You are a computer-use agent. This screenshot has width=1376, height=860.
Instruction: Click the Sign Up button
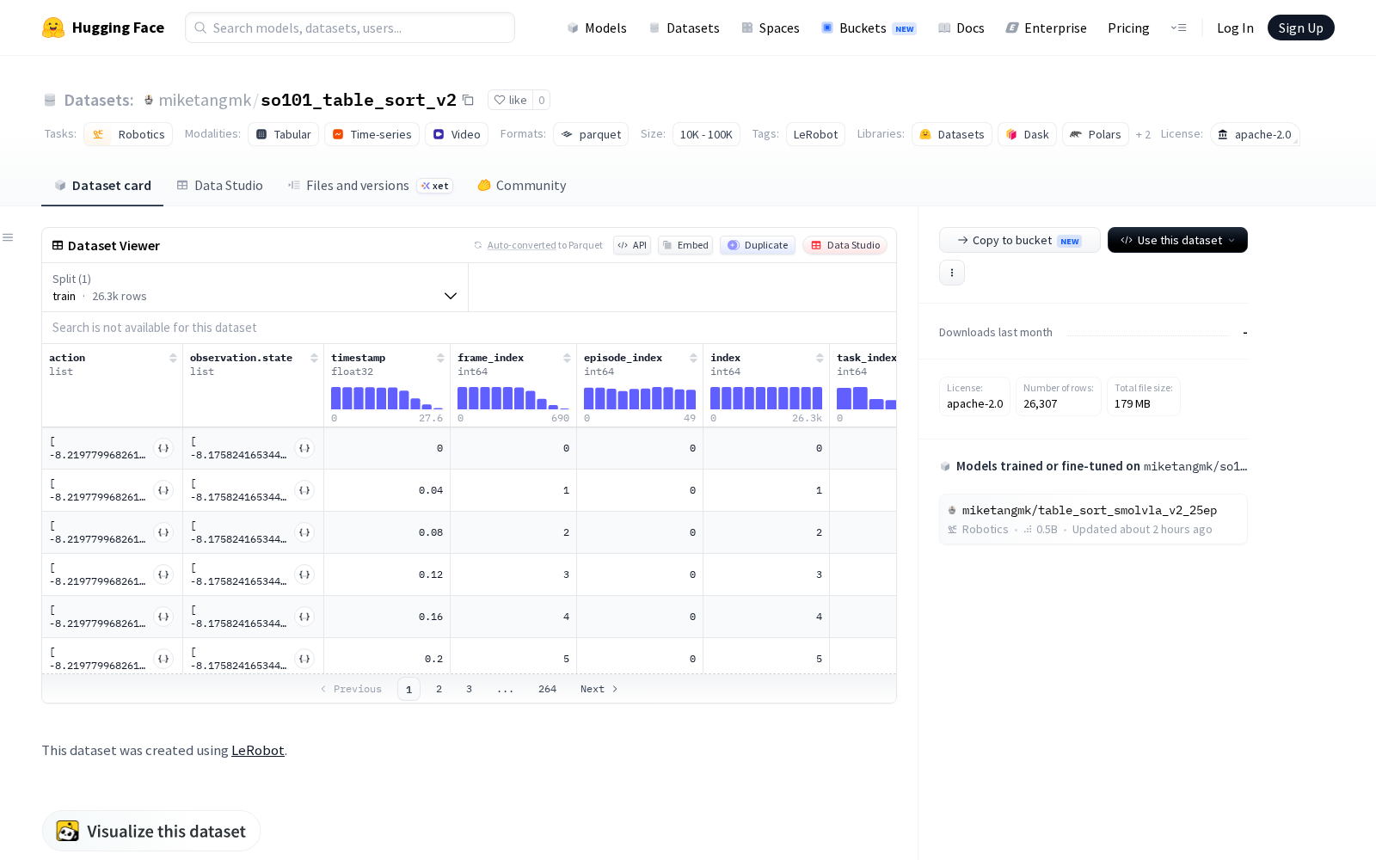(1300, 28)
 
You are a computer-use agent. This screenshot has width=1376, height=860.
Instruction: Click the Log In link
(1235, 28)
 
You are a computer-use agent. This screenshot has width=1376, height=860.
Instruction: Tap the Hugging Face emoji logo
(53, 28)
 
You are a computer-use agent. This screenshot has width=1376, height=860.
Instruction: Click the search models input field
(350, 28)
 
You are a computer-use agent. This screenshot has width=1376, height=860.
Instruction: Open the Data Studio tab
(220, 186)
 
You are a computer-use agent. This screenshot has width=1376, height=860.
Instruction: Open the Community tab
(522, 186)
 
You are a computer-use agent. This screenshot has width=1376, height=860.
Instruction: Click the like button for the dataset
(511, 100)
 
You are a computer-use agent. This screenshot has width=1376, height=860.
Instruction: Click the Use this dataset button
(1177, 240)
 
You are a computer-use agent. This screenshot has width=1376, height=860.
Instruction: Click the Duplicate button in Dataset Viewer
(758, 245)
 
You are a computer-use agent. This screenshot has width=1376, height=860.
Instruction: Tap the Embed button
(685, 245)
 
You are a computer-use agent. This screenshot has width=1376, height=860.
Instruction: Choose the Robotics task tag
(128, 134)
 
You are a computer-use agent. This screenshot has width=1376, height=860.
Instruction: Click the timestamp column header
(358, 358)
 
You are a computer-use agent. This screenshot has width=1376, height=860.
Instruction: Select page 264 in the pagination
(547, 689)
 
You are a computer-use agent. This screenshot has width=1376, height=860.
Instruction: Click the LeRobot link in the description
(257, 751)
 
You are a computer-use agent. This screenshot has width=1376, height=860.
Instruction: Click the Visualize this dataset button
(151, 831)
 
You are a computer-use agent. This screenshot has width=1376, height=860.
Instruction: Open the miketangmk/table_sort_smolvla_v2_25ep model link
(1089, 511)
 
